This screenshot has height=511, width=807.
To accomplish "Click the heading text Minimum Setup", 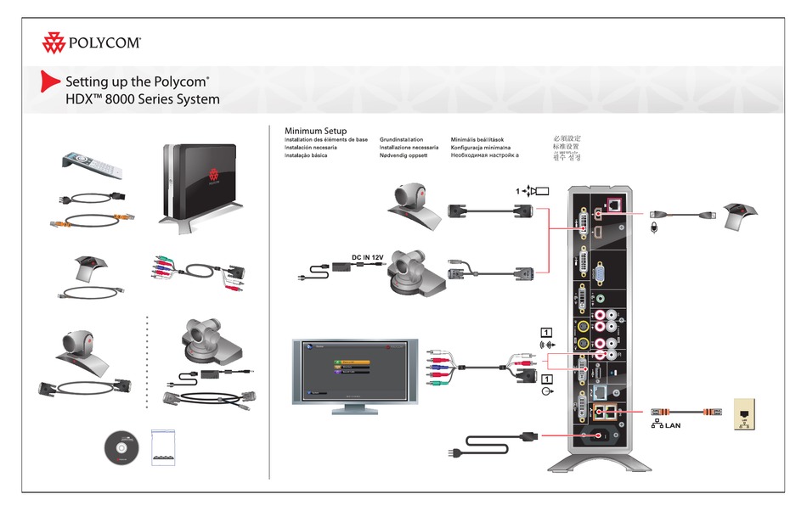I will [315, 131].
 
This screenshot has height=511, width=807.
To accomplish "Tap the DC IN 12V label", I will [370, 257].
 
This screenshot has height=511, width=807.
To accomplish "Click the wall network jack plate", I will [744, 413].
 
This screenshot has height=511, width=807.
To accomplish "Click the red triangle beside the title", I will [51, 82].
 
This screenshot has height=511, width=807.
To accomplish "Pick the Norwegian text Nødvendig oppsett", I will [403, 156].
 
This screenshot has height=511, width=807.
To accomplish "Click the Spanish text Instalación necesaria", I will [311, 148].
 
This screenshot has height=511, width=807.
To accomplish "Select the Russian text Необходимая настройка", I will [485, 156].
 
